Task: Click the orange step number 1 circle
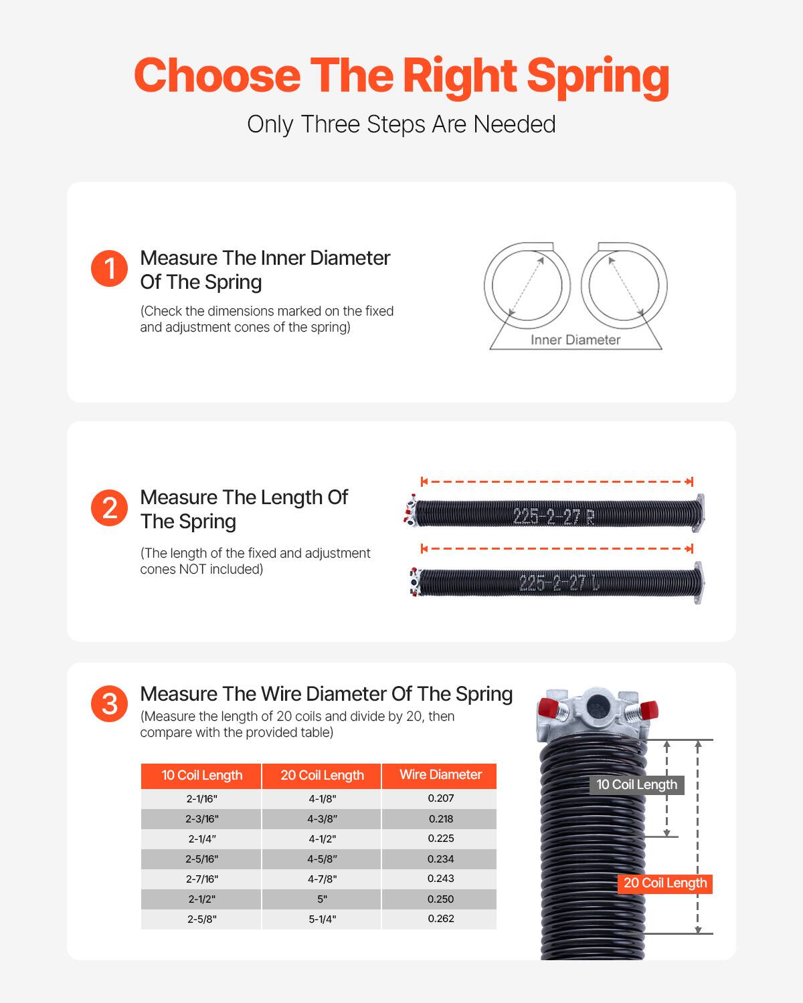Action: (x=109, y=269)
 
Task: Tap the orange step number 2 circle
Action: (x=109, y=508)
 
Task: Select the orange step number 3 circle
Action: (x=109, y=704)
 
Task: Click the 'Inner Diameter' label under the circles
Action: (x=575, y=340)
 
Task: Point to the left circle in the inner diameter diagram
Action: (x=527, y=285)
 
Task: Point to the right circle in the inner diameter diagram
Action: (x=624, y=285)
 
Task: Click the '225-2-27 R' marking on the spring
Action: (x=553, y=516)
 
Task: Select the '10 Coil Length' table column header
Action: (x=201, y=776)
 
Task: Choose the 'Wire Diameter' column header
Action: (x=440, y=775)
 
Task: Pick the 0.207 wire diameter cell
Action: (x=440, y=798)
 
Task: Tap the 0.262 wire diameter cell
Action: (x=440, y=919)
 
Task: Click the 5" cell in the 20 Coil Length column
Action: (x=322, y=899)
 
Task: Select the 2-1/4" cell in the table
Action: (x=201, y=839)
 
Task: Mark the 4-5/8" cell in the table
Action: (x=322, y=859)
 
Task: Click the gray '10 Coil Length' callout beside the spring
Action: (x=636, y=785)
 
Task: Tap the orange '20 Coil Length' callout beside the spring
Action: (x=664, y=883)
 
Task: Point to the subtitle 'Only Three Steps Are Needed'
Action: (x=401, y=124)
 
